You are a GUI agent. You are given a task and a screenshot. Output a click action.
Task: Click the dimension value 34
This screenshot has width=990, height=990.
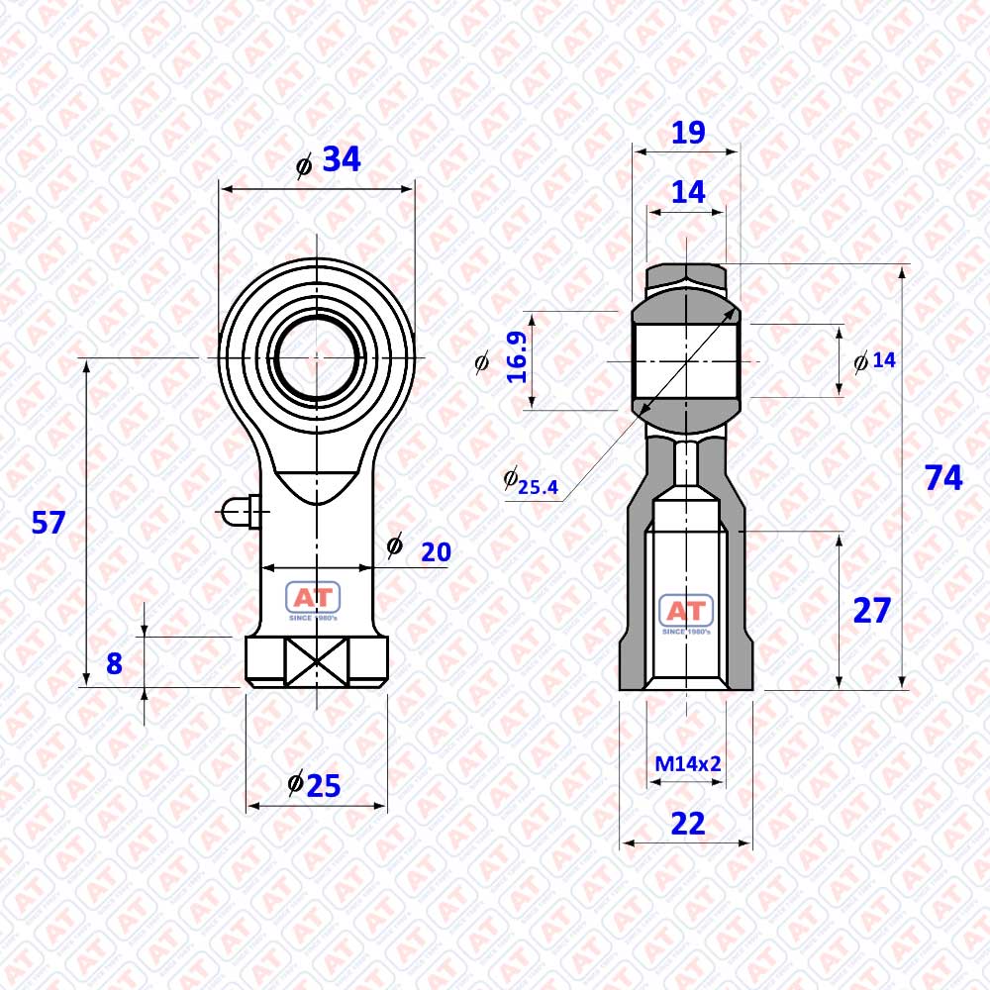tap(341, 159)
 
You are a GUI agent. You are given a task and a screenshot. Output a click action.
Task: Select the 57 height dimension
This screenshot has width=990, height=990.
tap(49, 523)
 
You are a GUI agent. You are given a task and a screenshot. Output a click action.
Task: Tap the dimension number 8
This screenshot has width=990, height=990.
tap(114, 663)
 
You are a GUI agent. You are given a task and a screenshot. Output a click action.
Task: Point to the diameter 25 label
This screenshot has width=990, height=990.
tap(315, 785)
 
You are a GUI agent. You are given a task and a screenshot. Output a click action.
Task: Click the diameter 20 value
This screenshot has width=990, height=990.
tap(437, 552)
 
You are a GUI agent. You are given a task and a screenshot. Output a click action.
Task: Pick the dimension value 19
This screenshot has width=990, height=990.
tap(688, 133)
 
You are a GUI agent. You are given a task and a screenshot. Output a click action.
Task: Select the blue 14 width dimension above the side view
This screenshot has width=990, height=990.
tap(688, 192)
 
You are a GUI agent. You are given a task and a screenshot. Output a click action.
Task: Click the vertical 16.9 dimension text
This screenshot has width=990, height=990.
tap(517, 357)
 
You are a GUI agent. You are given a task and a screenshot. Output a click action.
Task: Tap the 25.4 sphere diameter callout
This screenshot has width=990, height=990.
tap(532, 482)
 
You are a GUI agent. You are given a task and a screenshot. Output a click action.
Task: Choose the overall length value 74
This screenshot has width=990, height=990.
tap(943, 478)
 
